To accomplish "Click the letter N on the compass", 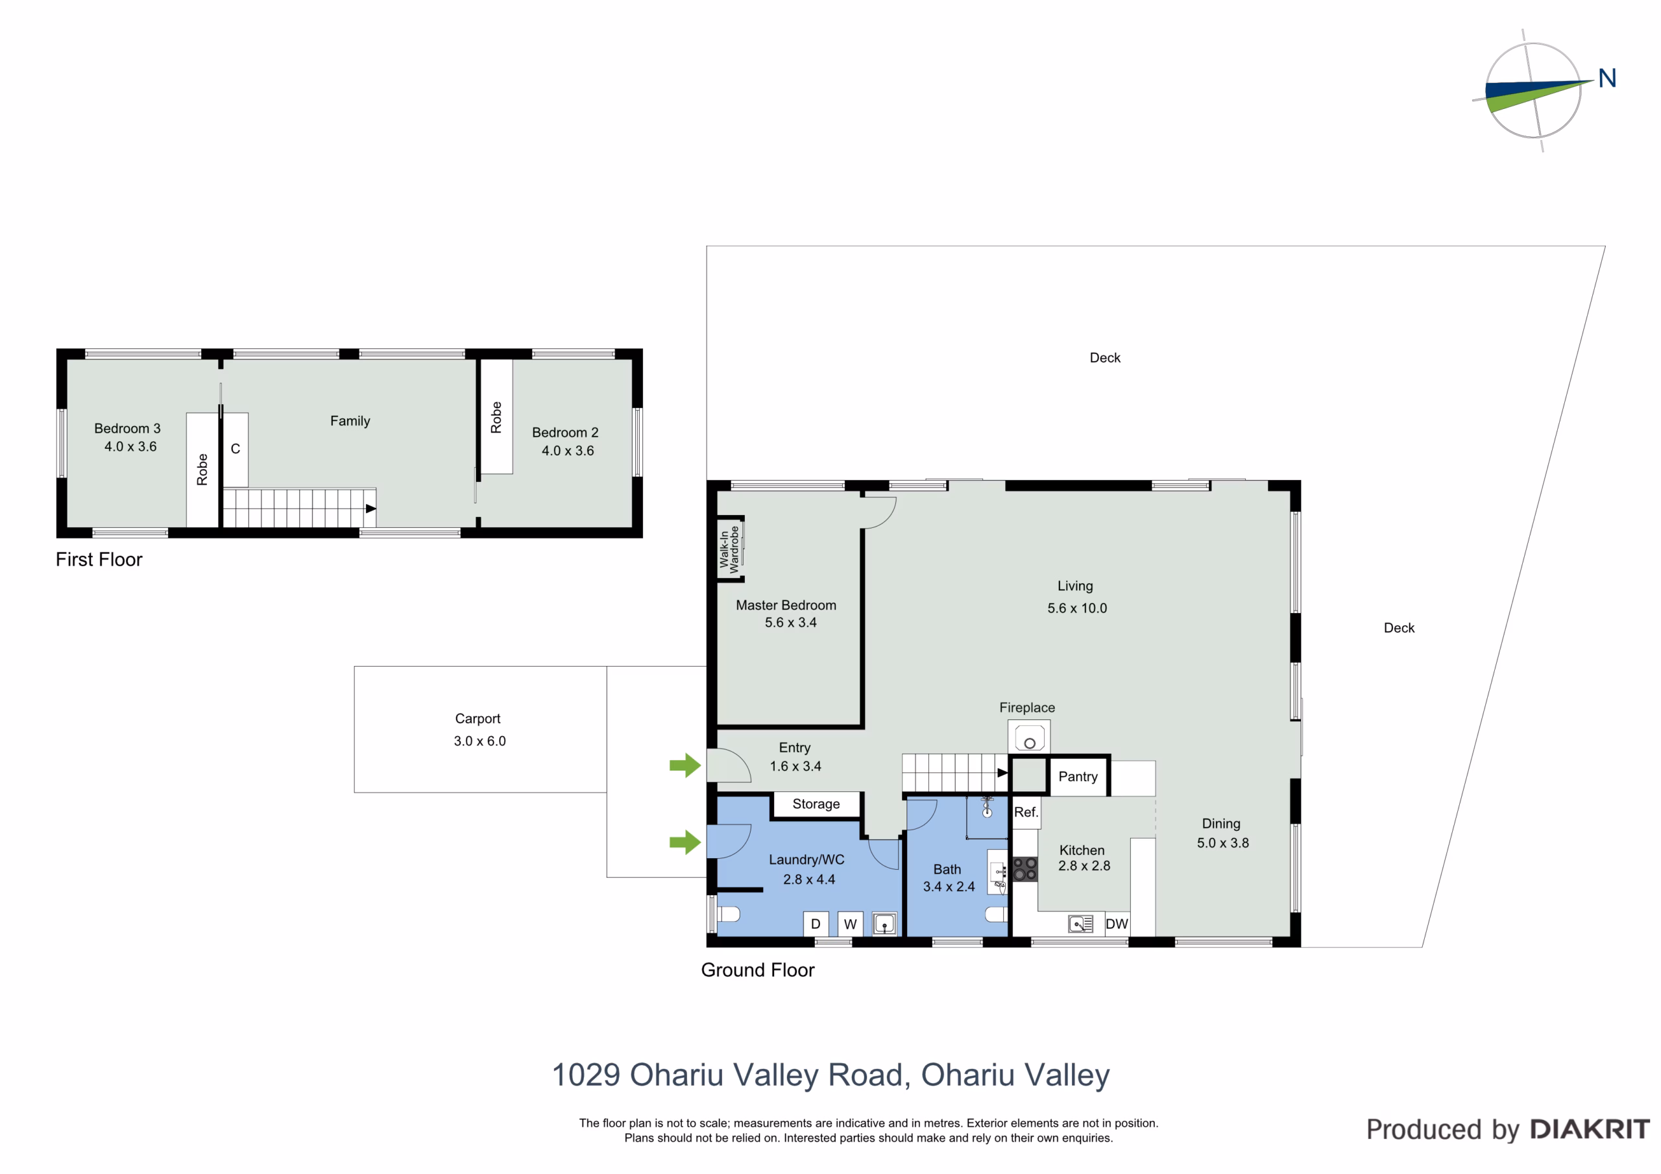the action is [x=1606, y=78].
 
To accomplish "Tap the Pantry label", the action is [x=1077, y=776].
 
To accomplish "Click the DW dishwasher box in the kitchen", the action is [x=1116, y=924].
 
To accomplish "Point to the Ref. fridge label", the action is [x=1026, y=811].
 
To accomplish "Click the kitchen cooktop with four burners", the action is [x=1024, y=869].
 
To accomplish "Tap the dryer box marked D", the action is [x=816, y=924].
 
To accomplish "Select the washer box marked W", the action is [x=850, y=924].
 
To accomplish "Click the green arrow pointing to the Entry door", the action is [x=685, y=765].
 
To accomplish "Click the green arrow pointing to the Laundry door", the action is [x=685, y=841].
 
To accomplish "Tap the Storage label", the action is [x=816, y=804].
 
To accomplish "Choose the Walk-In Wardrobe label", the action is [x=729, y=550].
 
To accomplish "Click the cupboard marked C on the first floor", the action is [x=235, y=449].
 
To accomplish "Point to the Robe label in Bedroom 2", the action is [x=496, y=417].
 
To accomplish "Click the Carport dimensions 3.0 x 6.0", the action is [x=479, y=741].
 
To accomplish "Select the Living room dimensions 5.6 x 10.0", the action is [x=1077, y=608].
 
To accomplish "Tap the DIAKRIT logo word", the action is [x=1590, y=1129].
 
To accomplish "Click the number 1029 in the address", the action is [x=586, y=1075].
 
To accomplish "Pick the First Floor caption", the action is [x=99, y=559].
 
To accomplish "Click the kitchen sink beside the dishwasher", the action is [x=1080, y=924].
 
